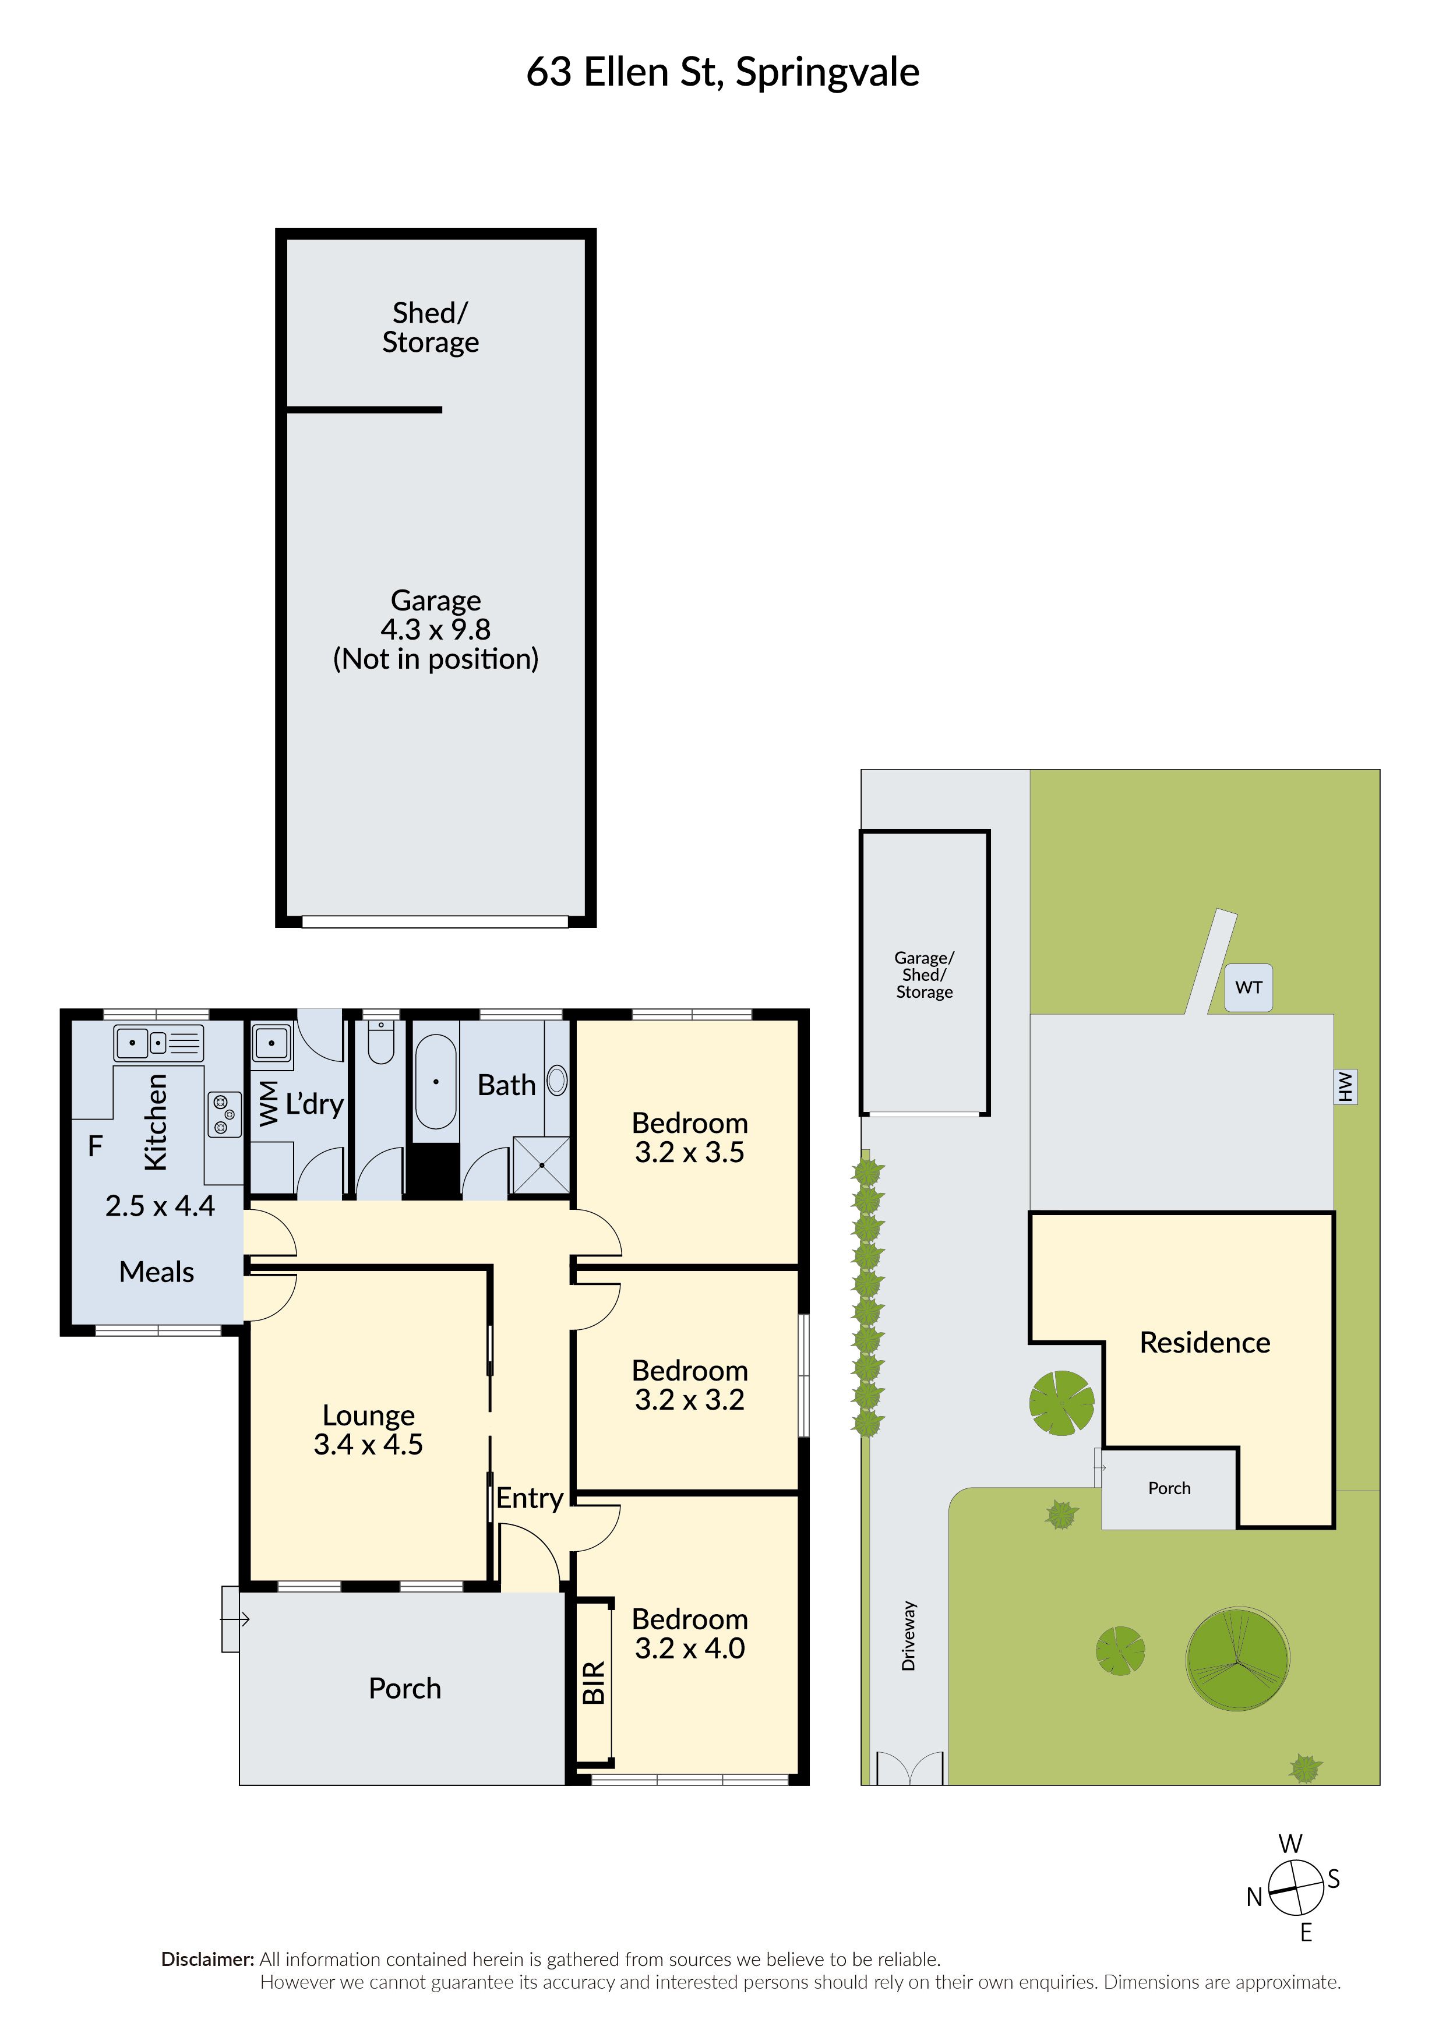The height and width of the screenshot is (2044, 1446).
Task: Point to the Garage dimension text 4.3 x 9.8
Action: pyautogui.click(x=435, y=630)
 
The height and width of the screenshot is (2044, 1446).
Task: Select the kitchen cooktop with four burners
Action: pyautogui.click(x=224, y=1114)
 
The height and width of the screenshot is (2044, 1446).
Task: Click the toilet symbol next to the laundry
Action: pyautogui.click(x=381, y=1043)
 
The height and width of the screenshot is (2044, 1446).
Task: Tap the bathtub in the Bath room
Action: pyautogui.click(x=435, y=1082)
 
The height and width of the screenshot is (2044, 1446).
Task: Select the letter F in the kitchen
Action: pyautogui.click(x=96, y=1146)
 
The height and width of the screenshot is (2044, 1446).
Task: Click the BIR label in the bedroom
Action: pyautogui.click(x=594, y=1683)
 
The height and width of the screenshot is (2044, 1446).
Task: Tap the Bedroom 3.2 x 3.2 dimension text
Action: pyautogui.click(x=689, y=1400)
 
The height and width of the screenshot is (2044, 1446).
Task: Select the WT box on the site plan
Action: pyautogui.click(x=1249, y=987)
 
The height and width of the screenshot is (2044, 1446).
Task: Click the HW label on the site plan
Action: pyautogui.click(x=1345, y=1086)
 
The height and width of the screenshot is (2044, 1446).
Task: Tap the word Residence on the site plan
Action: pyautogui.click(x=1205, y=1343)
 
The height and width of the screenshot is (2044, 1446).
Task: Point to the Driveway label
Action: pyautogui.click(x=908, y=1636)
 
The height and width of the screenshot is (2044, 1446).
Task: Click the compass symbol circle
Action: pyautogui.click(x=1296, y=1889)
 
